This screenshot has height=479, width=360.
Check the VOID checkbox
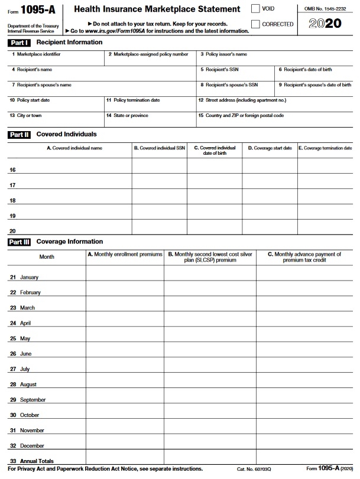pos(255,9)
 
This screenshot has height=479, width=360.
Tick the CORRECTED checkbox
pos(255,24)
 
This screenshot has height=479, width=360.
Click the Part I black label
pos(20,43)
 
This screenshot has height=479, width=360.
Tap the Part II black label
pos(20,135)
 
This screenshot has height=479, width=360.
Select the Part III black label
pos(20,242)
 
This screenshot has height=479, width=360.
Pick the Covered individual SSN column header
pos(159,148)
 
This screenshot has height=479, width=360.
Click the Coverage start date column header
pos(270,148)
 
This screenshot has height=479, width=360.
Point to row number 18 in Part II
pos(12,201)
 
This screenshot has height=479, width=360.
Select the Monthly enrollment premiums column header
pos(125,255)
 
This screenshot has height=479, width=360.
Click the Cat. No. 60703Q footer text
pos(254,469)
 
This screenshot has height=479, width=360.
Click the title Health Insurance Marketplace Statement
pos(157,9)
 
